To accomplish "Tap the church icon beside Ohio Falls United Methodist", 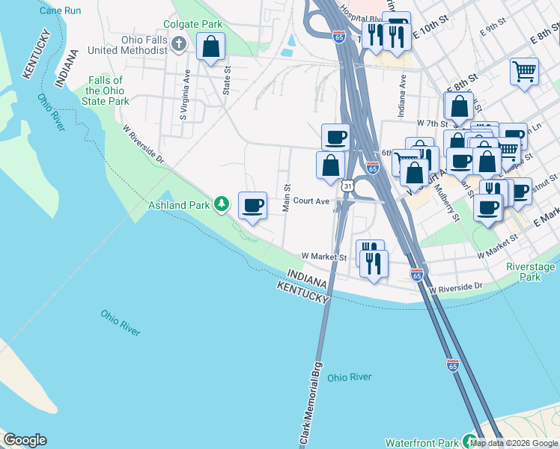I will pos(178,44).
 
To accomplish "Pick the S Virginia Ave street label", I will pos(183,95).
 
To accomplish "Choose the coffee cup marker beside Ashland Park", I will pos(253,204).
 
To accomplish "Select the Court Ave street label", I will pos(311,201).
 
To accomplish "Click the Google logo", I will pos(25,440).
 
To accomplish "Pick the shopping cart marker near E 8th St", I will pos(524,72).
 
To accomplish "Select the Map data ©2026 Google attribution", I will pos(515,443).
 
